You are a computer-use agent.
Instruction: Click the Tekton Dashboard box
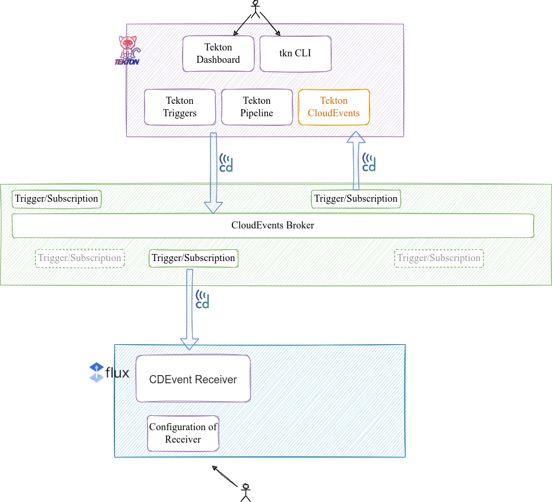coord(218,53)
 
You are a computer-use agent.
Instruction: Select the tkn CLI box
coord(295,53)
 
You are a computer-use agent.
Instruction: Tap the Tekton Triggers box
coord(180,107)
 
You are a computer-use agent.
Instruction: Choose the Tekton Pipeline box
coord(257,107)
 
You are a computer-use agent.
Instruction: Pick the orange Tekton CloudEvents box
coord(334,107)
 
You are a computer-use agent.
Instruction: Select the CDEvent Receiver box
coord(193,379)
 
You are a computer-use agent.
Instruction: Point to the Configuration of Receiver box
coord(183,433)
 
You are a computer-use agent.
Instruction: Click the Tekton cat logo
coord(127,50)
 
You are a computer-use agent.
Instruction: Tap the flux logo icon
coord(96,372)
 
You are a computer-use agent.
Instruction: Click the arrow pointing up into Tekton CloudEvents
coord(356,160)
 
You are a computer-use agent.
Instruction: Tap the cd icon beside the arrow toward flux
coord(203,300)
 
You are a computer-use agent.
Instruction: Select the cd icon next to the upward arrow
coord(369,163)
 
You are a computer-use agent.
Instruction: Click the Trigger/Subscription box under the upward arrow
coord(356,199)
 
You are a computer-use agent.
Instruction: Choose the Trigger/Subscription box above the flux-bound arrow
coord(193,258)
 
